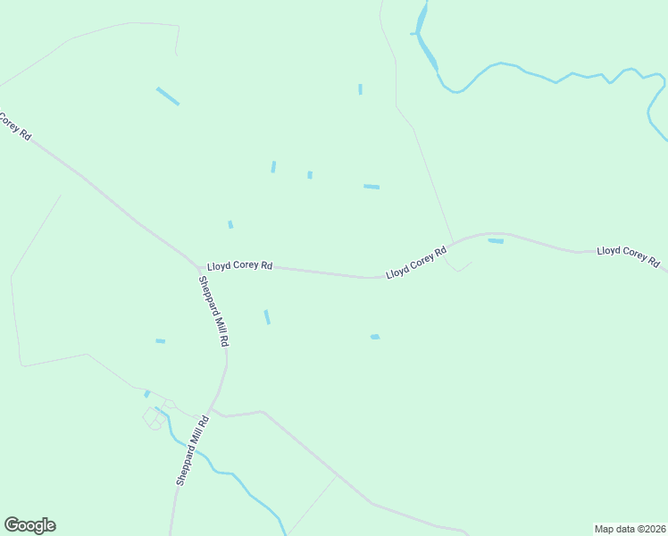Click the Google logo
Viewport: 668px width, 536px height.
pyautogui.click(x=29, y=525)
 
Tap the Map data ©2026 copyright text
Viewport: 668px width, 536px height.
pyautogui.click(x=630, y=528)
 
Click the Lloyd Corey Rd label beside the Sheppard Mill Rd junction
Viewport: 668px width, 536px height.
pyautogui.click(x=239, y=266)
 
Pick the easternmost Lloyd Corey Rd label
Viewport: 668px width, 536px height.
pyautogui.click(x=628, y=257)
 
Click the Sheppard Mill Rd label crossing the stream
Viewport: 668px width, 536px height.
pyautogui.click(x=192, y=450)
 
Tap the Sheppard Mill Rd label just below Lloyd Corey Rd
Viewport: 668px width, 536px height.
pyautogui.click(x=214, y=311)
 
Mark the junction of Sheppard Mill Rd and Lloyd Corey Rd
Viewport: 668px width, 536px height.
pyautogui.click(x=200, y=266)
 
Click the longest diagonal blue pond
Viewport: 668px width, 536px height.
pyautogui.click(x=168, y=96)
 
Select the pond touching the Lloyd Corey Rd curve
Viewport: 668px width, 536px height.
pyautogui.click(x=496, y=240)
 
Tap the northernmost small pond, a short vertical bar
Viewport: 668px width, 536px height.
pyautogui.click(x=360, y=89)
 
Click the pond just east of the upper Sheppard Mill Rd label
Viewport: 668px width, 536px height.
pyautogui.click(x=267, y=317)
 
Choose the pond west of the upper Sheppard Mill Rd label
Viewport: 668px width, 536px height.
pyautogui.click(x=161, y=341)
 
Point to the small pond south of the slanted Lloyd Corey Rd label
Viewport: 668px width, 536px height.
pyautogui.click(x=375, y=337)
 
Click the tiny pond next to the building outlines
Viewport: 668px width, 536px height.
pyautogui.click(x=147, y=394)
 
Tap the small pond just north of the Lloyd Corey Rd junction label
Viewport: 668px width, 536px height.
pyautogui.click(x=230, y=224)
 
